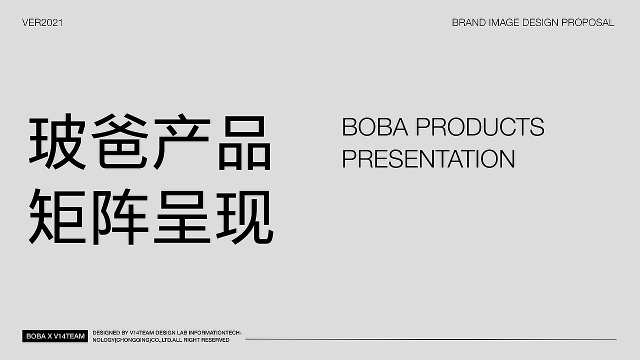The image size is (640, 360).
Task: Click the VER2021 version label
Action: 42,22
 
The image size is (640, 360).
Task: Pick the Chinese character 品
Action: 245,142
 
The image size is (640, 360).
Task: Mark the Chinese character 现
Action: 245,217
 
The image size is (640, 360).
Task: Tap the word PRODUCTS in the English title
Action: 480,127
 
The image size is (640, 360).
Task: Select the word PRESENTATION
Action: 428,158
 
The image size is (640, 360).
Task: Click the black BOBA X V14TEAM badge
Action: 55,336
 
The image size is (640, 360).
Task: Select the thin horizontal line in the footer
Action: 430,339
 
